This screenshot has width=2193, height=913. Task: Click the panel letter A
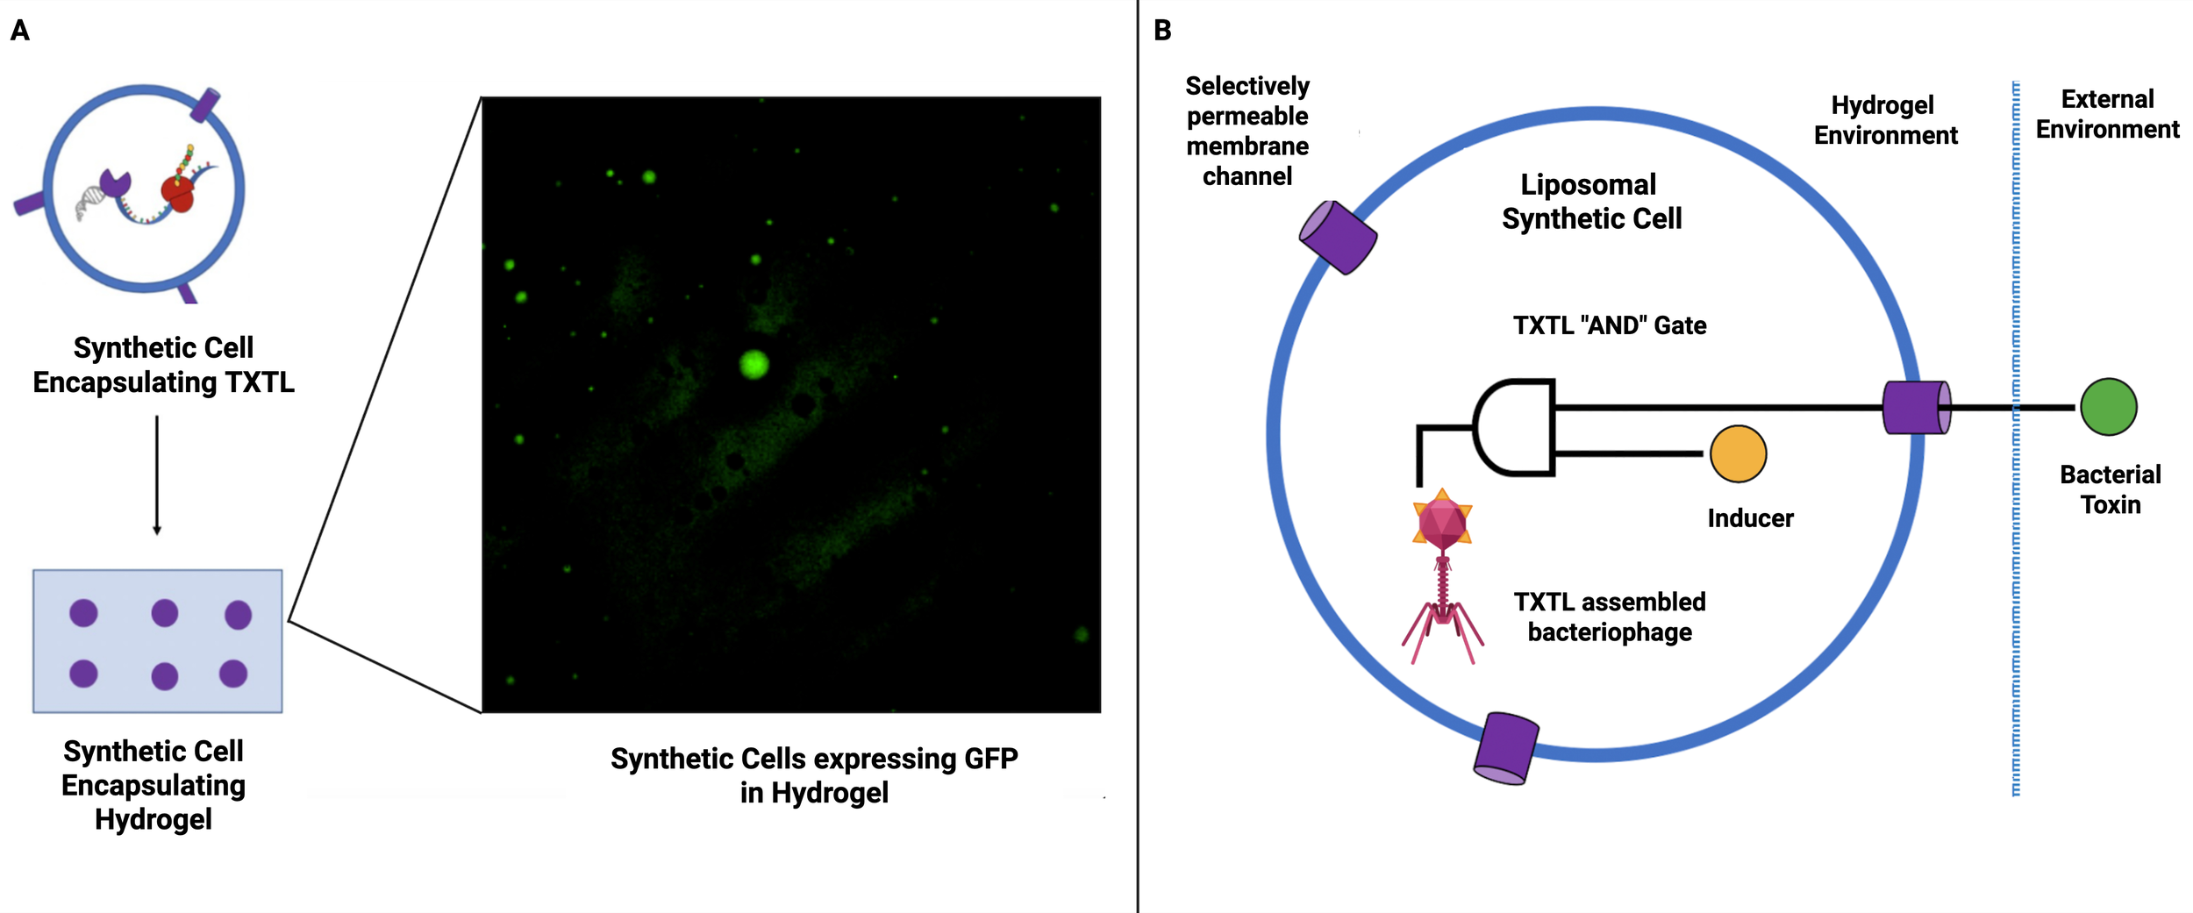coord(20,31)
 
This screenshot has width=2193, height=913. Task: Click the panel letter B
coord(1162,31)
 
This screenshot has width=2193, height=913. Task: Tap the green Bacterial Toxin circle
coord(2108,407)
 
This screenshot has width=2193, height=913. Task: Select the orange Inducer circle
coord(1738,453)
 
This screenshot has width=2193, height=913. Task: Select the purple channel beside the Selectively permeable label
coord(1338,237)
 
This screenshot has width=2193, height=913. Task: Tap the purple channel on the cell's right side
coord(1917,407)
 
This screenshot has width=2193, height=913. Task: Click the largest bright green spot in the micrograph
coord(754,363)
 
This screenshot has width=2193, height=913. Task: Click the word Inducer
coord(1750,518)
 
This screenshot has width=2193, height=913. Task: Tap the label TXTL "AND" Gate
coord(1610,325)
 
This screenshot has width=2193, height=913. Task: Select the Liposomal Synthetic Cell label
coord(1591,202)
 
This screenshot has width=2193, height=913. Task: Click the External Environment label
coord(2107,114)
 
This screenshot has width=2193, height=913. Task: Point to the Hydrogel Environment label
coord(1885,120)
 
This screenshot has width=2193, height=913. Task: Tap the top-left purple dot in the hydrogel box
coord(83,613)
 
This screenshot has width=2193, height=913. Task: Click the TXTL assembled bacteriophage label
coord(1609,617)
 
